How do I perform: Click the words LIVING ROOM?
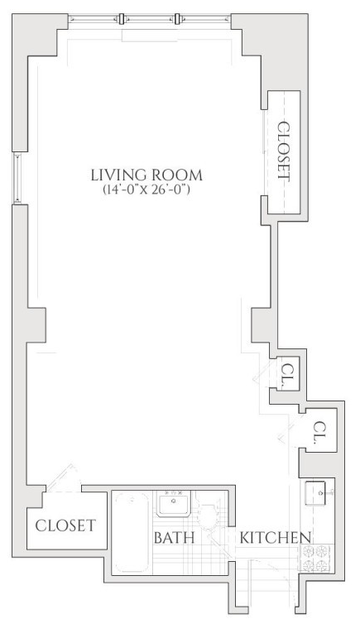[x=146, y=175]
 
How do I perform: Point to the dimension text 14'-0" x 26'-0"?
[x=146, y=190]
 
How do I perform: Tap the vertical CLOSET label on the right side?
[x=284, y=151]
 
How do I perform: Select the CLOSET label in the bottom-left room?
[x=65, y=525]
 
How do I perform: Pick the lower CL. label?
[x=319, y=433]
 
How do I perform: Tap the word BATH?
[x=175, y=538]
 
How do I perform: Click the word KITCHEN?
[x=275, y=538]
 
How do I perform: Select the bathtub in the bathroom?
[x=132, y=532]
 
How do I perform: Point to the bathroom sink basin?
[x=173, y=505]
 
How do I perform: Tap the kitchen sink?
[x=319, y=493]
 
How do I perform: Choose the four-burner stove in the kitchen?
[x=315, y=558]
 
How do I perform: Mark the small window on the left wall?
[x=17, y=179]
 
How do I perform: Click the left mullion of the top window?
[x=122, y=19]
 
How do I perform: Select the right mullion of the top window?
[x=177, y=19]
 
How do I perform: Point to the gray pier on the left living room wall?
[x=36, y=324]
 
